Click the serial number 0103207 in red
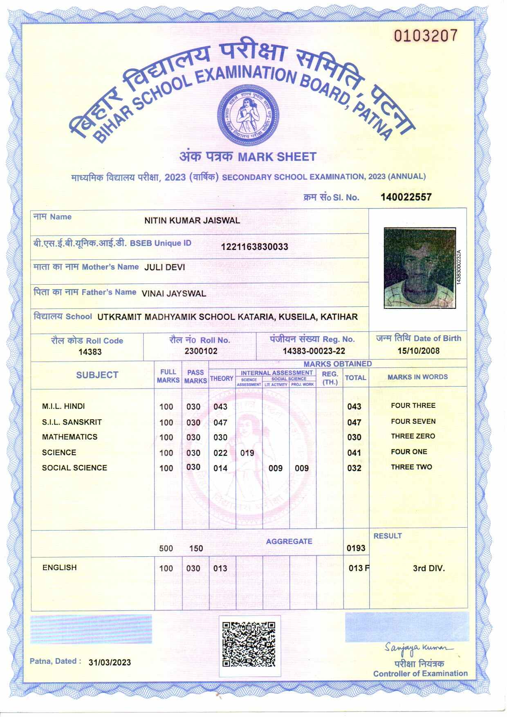(x=425, y=36)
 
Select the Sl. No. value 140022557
(x=406, y=197)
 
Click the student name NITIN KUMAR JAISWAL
(x=192, y=220)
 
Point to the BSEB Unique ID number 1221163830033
(x=254, y=247)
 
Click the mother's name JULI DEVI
(x=164, y=267)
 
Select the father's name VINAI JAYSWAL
(x=173, y=293)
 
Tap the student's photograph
(x=419, y=268)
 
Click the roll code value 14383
(x=90, y=352)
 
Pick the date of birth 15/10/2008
(x=418, y=351)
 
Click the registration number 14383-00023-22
(x=314, y=351)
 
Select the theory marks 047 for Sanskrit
(x=220, y=423)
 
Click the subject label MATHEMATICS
(x=70, y=437)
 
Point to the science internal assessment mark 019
(x=247, y=453)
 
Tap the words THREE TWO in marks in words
(x=411, y=467)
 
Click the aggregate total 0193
(x=356, y=548)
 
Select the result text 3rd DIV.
(x=428, y=568)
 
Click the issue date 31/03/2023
(x=110, y=662)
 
